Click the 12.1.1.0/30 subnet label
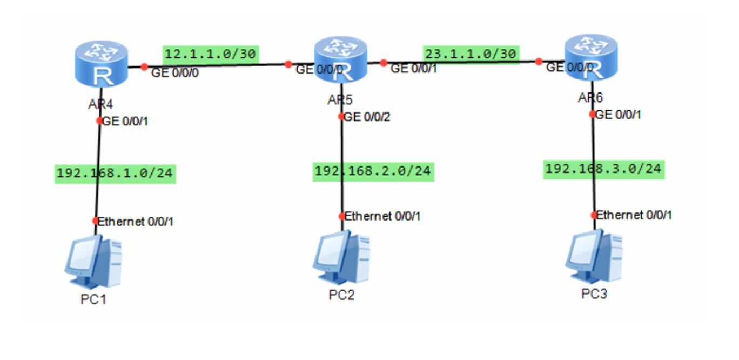[x=211, y=54]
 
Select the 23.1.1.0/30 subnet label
[x=472, y=54]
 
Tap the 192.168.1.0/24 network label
[x=116, y=174]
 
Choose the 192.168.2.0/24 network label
[x=373, y=171]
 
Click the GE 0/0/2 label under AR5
[x=366, y=116]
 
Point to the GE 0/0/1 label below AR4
[x=125, y=121]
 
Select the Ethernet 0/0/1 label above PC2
[x=382, y=216]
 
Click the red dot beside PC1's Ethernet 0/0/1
[x=96, y=221]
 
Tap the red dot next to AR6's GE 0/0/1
[x=593, y=115]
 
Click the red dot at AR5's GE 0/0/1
[x=384, y=63]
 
